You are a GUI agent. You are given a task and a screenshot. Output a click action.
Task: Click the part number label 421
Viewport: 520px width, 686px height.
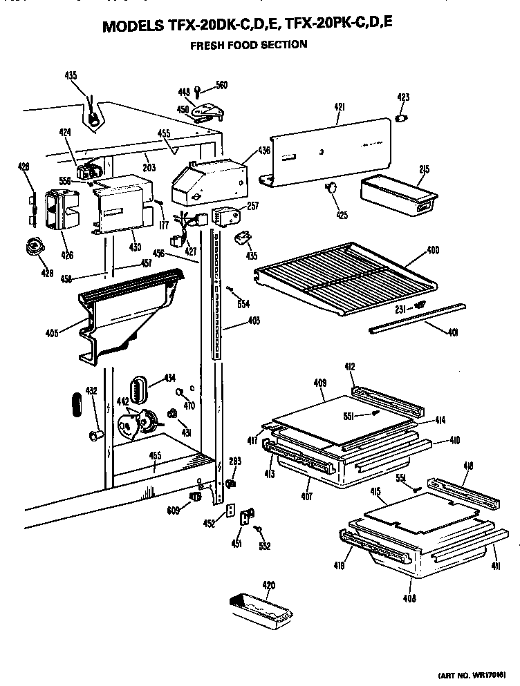pyautogui.click(x=339, y=107)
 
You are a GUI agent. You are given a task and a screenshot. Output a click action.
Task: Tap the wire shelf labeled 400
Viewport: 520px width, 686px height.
pyautogui.click(x=346, y=273)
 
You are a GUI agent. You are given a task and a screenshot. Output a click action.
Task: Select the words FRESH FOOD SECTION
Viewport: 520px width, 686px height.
pyautogui.click(x=249, y=45)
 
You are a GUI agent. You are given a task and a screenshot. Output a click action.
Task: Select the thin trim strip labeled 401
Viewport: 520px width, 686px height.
pyautogui.click(x=415, y=317)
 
